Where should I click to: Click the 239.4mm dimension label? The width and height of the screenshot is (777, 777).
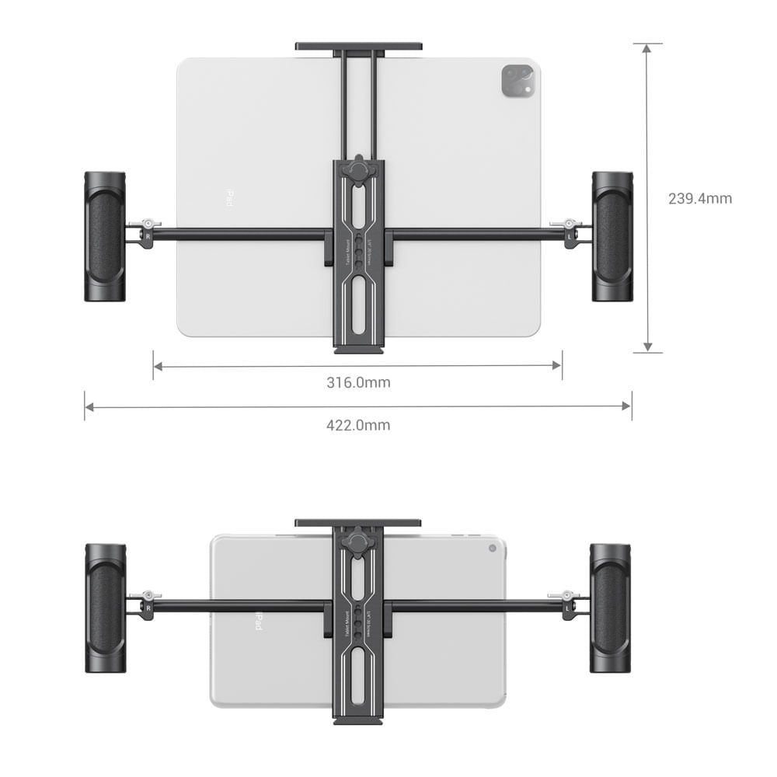pos(699,198)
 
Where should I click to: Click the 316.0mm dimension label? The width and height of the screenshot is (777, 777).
pos(358,382)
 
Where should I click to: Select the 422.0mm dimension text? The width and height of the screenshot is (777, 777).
pos(358,425)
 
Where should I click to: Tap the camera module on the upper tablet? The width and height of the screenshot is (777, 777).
pos(518,81)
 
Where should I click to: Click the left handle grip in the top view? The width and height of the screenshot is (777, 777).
pos(105,236)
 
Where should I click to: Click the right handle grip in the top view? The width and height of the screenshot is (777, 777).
pos(612,236)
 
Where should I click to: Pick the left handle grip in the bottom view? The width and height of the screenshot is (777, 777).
pos(105,608)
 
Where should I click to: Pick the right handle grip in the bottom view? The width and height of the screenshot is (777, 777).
pos(610,608)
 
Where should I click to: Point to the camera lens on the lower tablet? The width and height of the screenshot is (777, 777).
pos(492,548)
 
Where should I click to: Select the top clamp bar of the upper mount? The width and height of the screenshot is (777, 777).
pos(358,46)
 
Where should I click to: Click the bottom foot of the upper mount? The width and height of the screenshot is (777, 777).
pos(358,350)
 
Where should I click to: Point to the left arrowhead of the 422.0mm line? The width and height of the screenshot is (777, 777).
pos(89,406)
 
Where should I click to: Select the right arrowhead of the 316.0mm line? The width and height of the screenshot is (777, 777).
pos(557,364)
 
